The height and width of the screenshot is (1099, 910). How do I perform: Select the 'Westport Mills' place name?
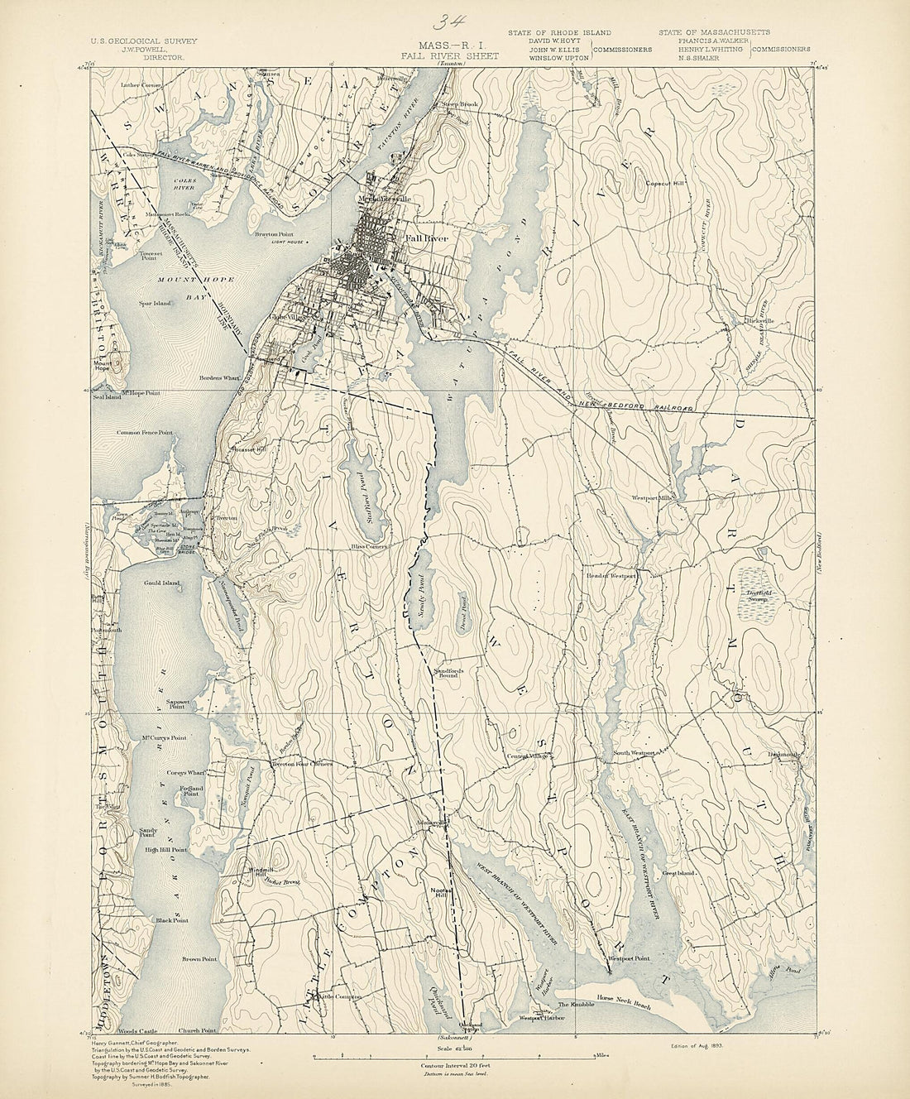point(654,498)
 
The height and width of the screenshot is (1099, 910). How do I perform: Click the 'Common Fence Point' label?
point(145,432)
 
